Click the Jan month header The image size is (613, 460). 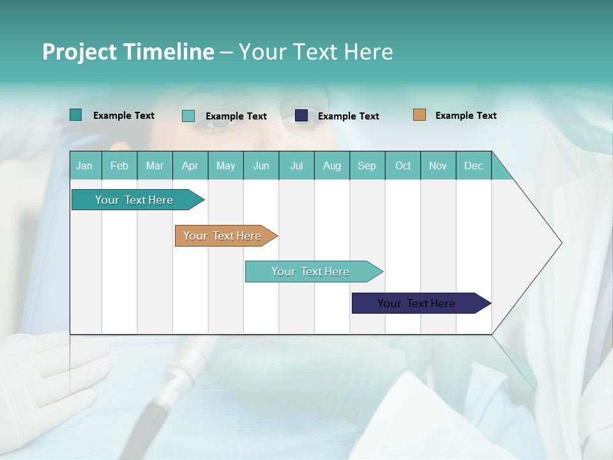84,165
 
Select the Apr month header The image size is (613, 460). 190,165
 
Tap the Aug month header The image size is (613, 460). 331,165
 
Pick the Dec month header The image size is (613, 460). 473,165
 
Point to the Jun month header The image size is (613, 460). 261,165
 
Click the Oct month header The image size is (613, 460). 402,165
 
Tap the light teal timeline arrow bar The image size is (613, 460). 310,272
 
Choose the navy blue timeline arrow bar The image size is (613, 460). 416,303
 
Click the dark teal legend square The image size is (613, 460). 75,115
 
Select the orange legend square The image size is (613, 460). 419,115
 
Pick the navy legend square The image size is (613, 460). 301,116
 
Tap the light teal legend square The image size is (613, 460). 188,116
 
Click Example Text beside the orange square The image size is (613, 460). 465,116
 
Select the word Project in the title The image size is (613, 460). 79,52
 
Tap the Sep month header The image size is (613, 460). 367,165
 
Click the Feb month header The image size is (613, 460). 119,165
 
